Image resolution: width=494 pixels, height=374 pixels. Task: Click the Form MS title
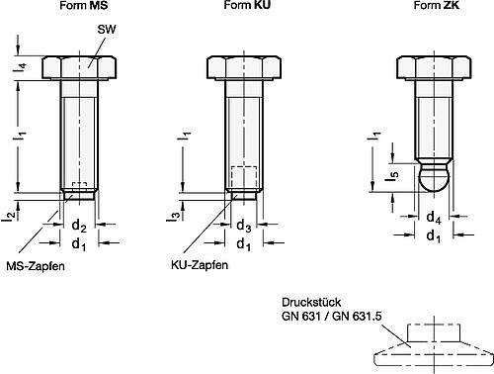[x=84, y=5]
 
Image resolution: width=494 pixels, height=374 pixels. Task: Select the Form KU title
[x=247, y=5]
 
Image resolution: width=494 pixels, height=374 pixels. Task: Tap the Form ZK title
[x=436, y=5]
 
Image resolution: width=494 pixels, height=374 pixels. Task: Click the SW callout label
[x=107, y=30]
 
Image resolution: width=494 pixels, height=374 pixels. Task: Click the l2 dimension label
[x=11, y=217]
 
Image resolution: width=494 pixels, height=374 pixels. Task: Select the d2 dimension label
[x=79, y=227]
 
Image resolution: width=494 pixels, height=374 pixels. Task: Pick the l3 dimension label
[x=176, y=216]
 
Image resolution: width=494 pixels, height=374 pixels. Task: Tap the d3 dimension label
[x=244, y=227]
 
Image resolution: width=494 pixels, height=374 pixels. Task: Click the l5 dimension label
[x=392, y=175]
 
